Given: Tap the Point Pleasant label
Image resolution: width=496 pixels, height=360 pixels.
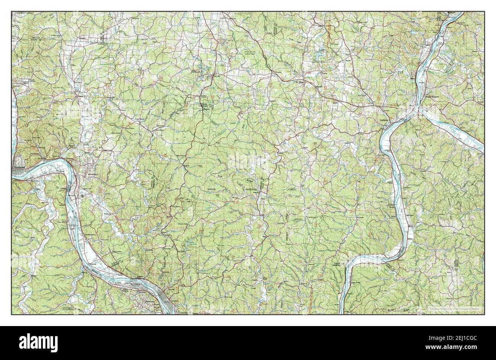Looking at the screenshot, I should tap(433, 97).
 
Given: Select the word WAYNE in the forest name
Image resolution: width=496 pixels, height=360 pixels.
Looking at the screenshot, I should tap(211, 189).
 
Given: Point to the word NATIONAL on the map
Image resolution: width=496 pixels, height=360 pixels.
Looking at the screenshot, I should tap(252, 189).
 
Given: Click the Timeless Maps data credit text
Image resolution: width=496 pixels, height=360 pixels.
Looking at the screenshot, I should tap(451, 309).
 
